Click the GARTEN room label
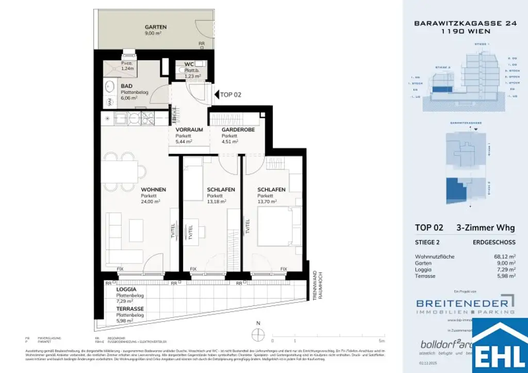(x=156, y=27)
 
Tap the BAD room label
(x=127, y=86)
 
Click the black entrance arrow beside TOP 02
(x=216, y=95)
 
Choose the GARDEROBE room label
(x=237, y=130)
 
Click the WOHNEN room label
(x=154, y=190)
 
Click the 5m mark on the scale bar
(x=381, y=341)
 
